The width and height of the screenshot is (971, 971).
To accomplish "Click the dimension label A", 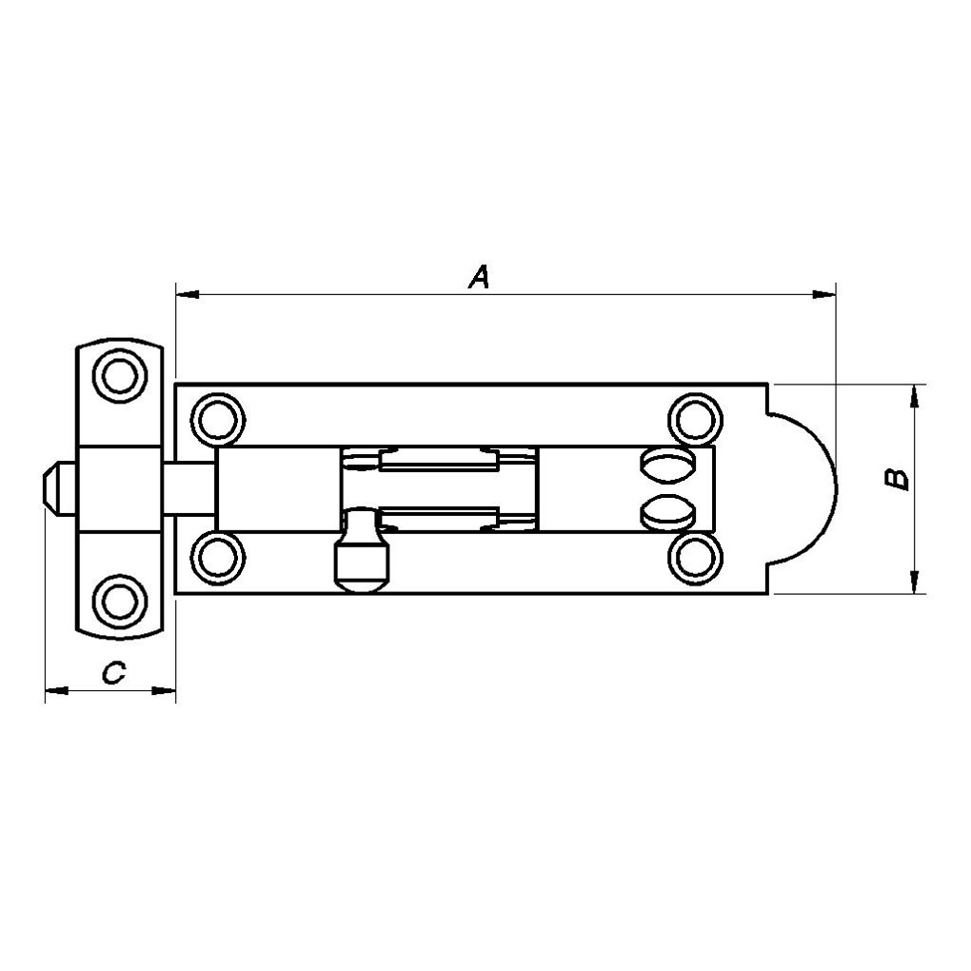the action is [479, 277].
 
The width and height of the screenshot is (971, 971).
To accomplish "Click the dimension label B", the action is [896, 479].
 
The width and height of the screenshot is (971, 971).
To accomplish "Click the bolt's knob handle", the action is [363, 550].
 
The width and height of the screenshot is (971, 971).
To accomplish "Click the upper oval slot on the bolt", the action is [667, 466].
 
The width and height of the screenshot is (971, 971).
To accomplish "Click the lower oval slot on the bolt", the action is [667, 511].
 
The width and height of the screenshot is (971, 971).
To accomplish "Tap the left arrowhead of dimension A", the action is [187, 294].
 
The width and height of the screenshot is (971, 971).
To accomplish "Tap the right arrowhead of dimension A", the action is [824, 294].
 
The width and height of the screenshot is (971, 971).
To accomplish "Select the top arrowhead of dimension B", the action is [914, 396].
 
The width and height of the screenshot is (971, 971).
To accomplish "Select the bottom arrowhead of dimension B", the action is [914, 582].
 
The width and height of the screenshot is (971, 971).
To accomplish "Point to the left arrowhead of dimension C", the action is [57, 690].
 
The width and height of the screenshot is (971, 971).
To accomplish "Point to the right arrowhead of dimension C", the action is [164, 690].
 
